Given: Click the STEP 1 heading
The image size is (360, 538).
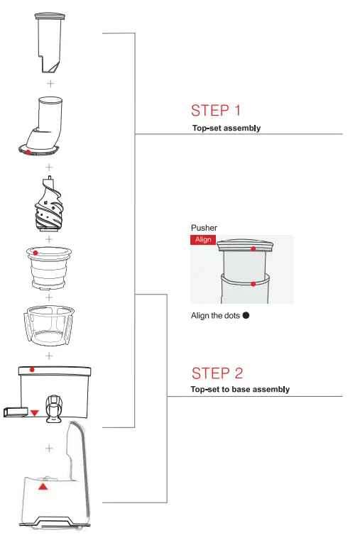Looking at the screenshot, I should [x=216, y=111].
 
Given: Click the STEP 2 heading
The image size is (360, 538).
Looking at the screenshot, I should [x=217, y=373].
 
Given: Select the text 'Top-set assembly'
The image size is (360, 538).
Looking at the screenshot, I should [x=226, y=128].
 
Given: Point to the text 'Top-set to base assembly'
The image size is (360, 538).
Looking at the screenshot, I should [x=240, y=390].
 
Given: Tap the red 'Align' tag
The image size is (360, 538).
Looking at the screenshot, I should [x=203, y=240].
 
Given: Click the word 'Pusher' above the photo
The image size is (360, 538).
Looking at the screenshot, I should [x=204, y=228].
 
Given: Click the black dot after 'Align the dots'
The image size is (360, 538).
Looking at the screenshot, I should [x=246, y=316].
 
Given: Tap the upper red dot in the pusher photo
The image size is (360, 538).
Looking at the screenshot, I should [x=253, y=249].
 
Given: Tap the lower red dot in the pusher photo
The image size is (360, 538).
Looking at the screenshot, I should [x=253, y=284].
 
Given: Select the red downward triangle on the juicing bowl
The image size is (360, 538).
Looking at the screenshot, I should [x=34, y=412].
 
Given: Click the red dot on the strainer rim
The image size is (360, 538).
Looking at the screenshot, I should [x=36, y=252].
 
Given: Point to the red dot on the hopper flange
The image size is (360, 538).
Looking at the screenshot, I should [x=28, y=152].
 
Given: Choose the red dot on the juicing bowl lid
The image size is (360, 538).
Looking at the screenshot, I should [x=32, y=370].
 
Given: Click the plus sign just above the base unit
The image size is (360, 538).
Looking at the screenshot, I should [x=49, y=448].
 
